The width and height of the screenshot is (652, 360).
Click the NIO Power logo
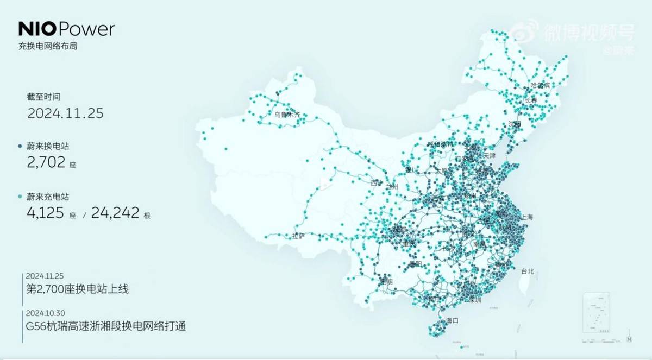(x=66, y=29)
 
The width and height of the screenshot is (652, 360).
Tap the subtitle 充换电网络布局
(x=48, y=47)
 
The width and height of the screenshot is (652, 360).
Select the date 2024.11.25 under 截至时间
(x=65, y=113)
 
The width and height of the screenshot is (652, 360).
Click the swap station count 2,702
(x=46, y=162)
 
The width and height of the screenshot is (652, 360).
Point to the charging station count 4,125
(x=46, y=213)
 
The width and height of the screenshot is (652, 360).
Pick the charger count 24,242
(x=115, y=213)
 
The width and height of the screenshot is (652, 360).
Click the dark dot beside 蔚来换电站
(x=20, y=146)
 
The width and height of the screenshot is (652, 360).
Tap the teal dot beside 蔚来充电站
(x=20, y=197)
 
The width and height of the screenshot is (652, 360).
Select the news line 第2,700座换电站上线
(x=78, y=289)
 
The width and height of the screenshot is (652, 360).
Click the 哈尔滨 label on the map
(x=540, y=86)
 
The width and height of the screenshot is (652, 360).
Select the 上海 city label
(x=527, y=217)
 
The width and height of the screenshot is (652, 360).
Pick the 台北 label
(x=528, y=271)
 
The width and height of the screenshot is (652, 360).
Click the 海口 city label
(x=453, y=320)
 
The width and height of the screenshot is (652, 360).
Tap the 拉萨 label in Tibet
(x=298, y=236)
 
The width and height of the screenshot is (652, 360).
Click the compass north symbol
(x=629, y=340)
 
